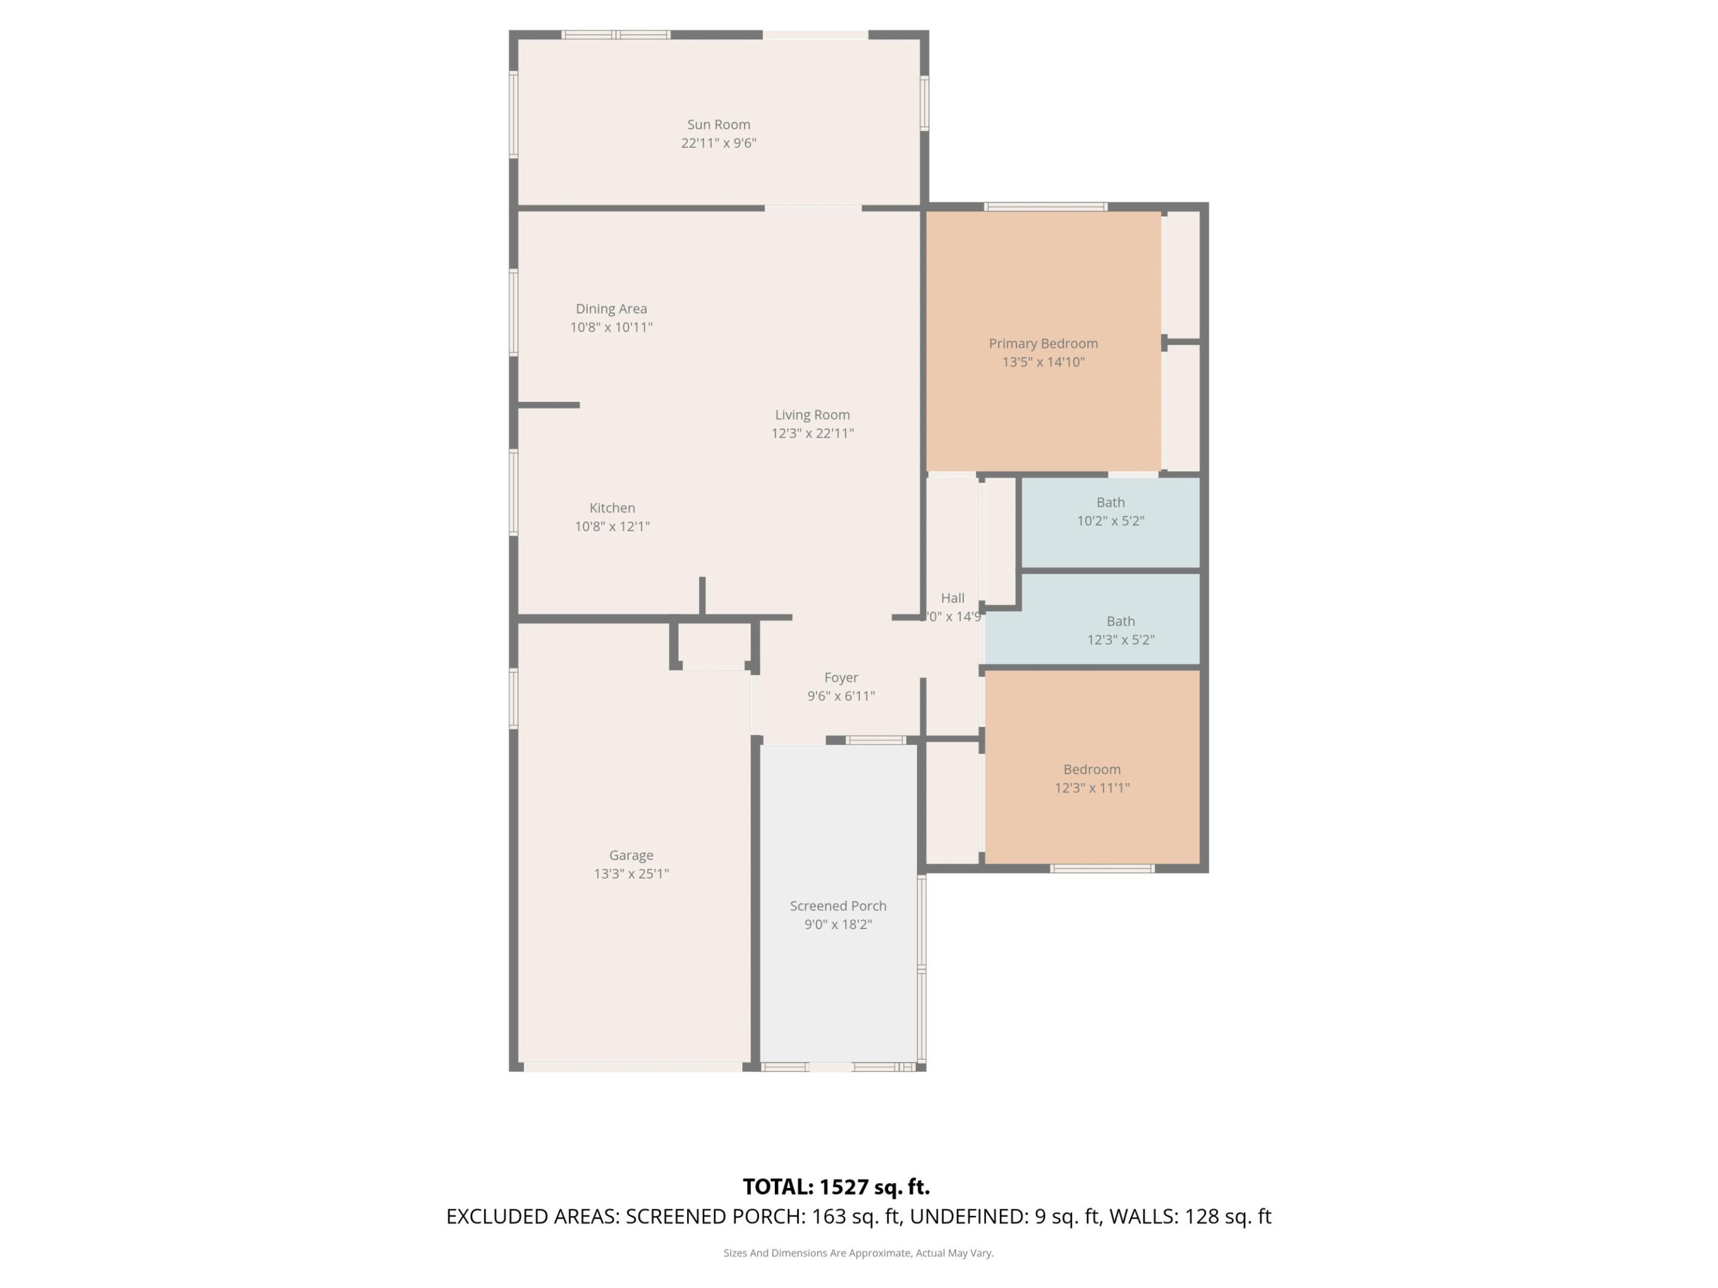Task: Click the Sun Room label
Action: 718,124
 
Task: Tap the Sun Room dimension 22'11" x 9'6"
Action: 718,143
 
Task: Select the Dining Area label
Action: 611,308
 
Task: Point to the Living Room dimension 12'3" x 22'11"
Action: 812,434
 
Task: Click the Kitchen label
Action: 612,508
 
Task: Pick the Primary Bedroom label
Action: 1043,343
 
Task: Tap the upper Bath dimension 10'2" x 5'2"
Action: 1111,521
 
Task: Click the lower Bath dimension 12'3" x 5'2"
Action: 1121,640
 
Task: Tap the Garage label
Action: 631,854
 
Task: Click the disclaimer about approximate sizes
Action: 858,1253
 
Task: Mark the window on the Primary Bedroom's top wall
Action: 1045,206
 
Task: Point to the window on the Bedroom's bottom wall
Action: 1102,869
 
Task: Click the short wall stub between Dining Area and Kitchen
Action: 548,404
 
